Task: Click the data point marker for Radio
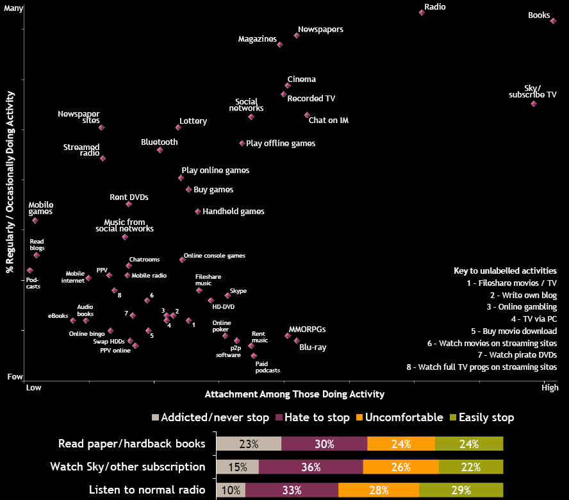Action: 422,12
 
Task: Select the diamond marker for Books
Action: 554,21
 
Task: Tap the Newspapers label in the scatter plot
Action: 320,29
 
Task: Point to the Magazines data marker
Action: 280,44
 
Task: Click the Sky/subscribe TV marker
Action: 534,103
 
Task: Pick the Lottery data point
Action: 178,127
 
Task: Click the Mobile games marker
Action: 35,220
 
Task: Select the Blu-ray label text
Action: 313,347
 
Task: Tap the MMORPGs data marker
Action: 288,335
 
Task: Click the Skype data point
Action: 227,296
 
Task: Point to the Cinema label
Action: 301,79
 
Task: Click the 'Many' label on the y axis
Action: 14,8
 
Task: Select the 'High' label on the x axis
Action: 550,387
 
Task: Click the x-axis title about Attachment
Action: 294,394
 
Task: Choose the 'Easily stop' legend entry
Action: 482,418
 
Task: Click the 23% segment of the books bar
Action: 249,444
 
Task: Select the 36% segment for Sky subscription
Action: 311,467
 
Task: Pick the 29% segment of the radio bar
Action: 461,490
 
